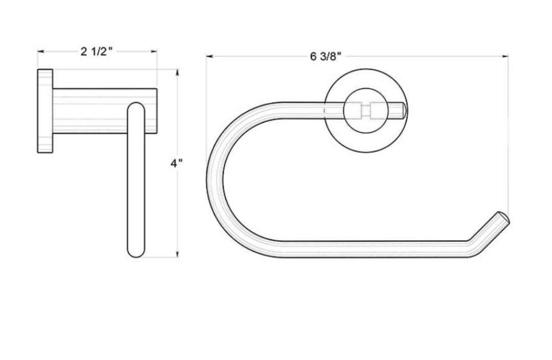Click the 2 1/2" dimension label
pyautogui.click(x=97, y=52)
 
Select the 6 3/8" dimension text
pyautogui.click(x=326, y=56)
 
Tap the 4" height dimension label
pyautogui.click(x=177, y=164)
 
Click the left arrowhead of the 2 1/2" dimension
pyautogui.click(x=40, y=52)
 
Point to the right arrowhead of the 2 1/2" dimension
pyautogui.click(x=154, y=52)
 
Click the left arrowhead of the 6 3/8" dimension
pyautogui.click(x=210, y=56)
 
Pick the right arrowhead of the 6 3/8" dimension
pyautogui.click(x=505, y=56)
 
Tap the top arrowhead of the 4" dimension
pyautogui.click(x=177, y=72)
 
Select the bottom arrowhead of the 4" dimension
pyautogui.click(x=177, y=254)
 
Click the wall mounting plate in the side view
pyautogui.click(x=45, y=111)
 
